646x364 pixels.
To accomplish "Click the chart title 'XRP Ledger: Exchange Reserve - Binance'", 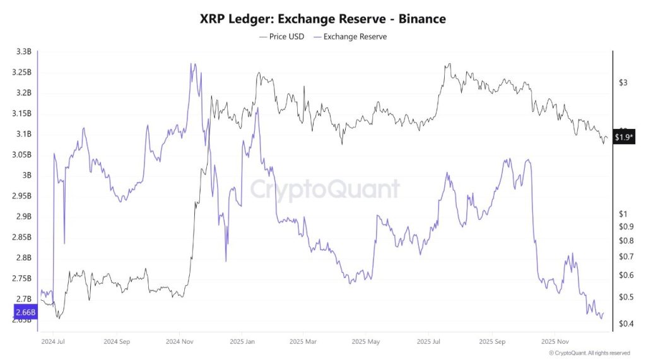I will [x=322, y=19].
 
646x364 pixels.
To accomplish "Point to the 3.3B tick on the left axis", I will [x=23, y=52].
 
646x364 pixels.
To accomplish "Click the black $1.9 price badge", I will [x=623, y=138].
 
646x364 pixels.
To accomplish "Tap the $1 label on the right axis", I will [x=621, y=214].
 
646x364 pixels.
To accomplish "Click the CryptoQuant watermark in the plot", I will [x=325, y=189].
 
